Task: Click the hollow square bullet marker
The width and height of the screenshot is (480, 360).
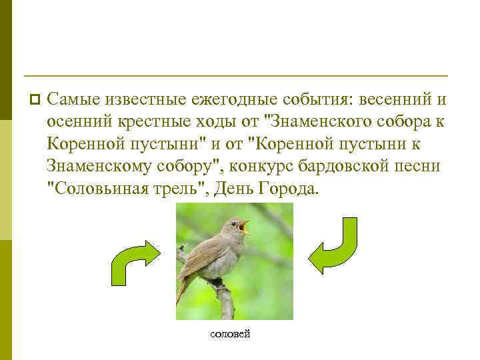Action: click(x=34, y=100)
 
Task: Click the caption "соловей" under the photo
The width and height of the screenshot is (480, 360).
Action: click(x=230, y=333)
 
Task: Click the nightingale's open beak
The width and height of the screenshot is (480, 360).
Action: click(x=245, y=227)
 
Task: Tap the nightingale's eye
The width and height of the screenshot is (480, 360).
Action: click(x=234, y=224)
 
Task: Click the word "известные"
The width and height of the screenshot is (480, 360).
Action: click(x=141, y=101)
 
